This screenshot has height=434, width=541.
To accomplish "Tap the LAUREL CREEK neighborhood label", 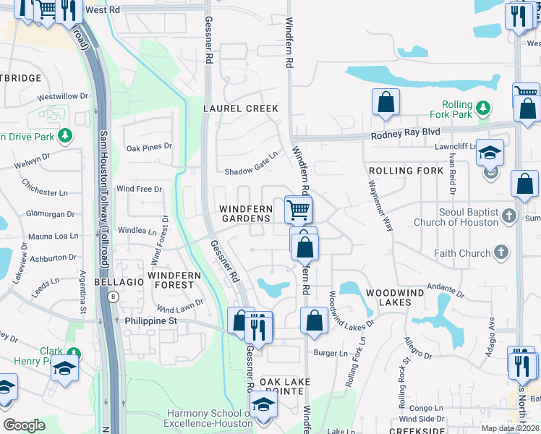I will coord(241,109).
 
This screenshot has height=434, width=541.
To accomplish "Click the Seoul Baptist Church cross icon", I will coord(508,216).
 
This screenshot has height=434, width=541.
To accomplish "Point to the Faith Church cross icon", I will coord(501,253).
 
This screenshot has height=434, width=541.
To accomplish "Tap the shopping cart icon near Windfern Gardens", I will coord(298,210).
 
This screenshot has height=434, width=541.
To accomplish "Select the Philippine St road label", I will coord(151,320).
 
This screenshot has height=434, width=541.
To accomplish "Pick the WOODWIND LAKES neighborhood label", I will coord(399,292).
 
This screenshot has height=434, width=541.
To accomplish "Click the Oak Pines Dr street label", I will coord(149,147).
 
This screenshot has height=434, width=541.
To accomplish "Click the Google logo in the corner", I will coord(24,425).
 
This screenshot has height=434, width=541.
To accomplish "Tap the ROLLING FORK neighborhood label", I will coord(406,171).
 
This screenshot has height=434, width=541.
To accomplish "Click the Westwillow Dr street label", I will coord(62,95).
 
